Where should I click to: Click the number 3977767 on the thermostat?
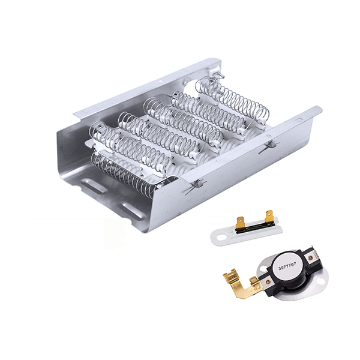[x=287, y=266]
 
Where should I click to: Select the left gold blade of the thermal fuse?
[x=240, y=222]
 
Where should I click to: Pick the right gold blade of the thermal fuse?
[x=269, y=217]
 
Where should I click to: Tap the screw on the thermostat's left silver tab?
[x=268, y=281]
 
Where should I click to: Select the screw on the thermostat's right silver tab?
[x=311, y=257]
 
